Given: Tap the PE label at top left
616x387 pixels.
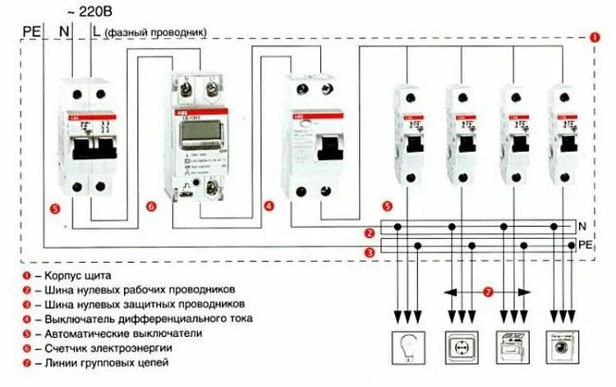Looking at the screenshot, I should pyautogui.click(x=30, y=32).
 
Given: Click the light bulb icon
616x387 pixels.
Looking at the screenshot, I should pyautogui.click(x=406, y=346).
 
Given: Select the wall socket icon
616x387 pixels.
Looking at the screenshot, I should pyautogui.click(x=461, y=346).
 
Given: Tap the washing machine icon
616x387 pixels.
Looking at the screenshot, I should pyautogui.click(x=563, y=346).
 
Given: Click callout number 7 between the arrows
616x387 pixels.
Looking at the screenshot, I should pyautogui.click(x=487, y=291).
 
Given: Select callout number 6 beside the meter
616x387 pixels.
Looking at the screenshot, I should pyautogui.click(x=151, y=207).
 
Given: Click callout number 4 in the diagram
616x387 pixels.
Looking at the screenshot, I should pyautogui.click(x=269, y=207).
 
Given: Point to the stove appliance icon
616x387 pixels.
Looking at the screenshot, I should pyautogui.click(x=512, y=346).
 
